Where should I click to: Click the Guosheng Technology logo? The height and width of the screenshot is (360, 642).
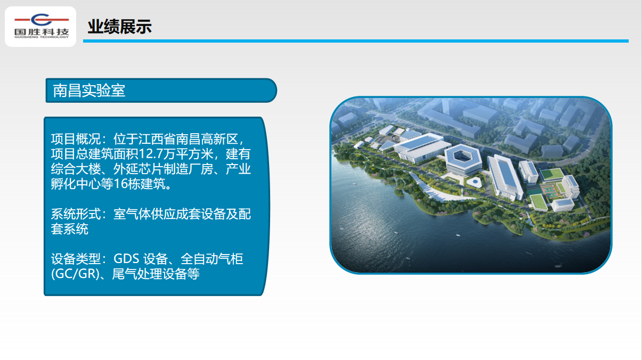point(42,26)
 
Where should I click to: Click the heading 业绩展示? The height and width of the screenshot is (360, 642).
point(119,27)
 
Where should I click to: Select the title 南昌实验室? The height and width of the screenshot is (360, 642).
point(89,91)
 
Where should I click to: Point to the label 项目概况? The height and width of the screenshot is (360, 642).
point(76,139)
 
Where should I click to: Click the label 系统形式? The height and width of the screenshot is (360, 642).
point(76,214)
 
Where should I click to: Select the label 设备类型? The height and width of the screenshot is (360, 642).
point(76,259)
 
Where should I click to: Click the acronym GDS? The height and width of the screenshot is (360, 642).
point(126,259)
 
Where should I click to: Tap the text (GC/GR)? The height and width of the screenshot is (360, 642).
point(75,274)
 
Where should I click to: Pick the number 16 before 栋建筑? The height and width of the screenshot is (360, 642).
point(120,184)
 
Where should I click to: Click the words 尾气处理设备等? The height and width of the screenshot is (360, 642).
point(156,274)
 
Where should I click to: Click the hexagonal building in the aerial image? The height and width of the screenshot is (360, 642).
point(463,158)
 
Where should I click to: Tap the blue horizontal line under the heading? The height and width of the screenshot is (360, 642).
point(356,41)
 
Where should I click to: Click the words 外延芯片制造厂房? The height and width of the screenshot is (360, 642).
point(163,169)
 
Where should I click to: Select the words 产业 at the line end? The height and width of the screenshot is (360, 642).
point(238,169)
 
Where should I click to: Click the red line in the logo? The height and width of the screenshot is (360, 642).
point(42,20)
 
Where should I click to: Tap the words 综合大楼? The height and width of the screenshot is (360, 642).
point(76,169)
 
